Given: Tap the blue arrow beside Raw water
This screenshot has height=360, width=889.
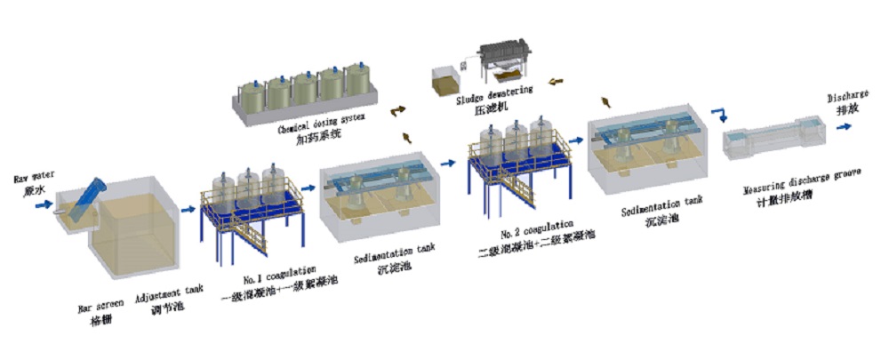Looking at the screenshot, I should click(x=41, y=205).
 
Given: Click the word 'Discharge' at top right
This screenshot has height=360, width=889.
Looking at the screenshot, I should click(x=841, y=96).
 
